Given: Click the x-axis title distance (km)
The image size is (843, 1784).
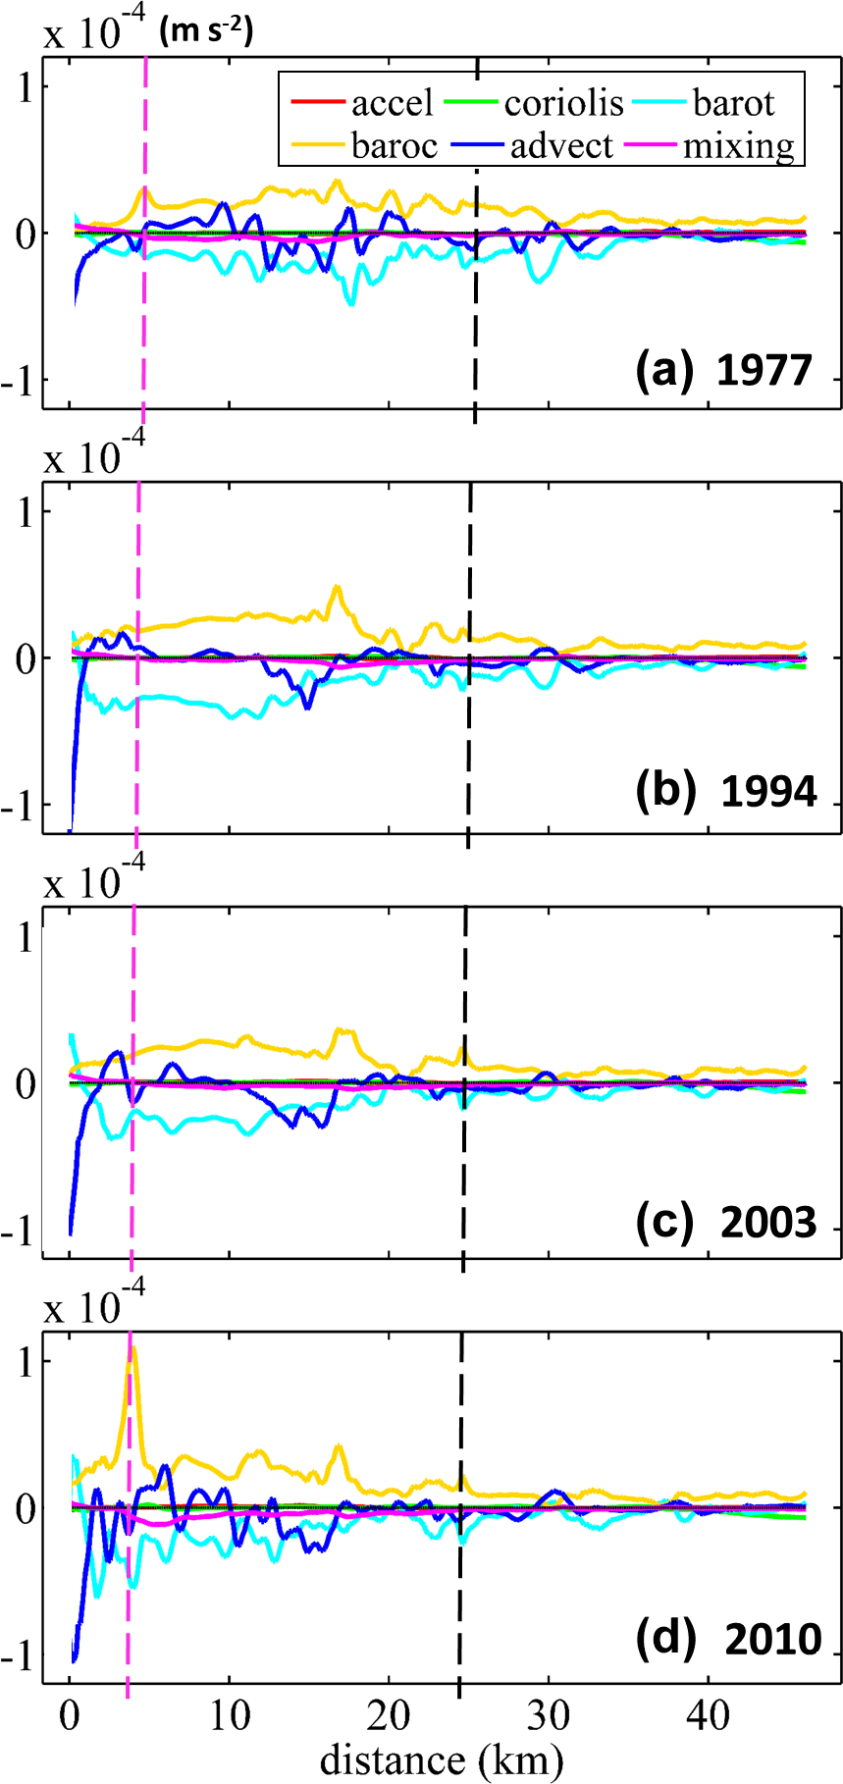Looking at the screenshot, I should pyautogui.click(x=441, y=1758).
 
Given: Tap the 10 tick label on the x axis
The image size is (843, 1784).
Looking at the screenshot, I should pyautogui.click(x=230, y=1715).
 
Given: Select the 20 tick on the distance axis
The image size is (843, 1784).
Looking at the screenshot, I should pyautogui.click(x=389, y=1715).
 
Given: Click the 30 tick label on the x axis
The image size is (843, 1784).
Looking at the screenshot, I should pyautogui.click(x=549, y=1715).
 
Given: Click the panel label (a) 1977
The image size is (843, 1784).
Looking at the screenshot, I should pyautogui.click(x=724, y=370).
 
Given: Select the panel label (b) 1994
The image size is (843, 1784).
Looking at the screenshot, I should pyautogui.click(x=726, y=791).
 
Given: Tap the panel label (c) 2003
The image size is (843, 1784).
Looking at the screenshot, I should pyautogui.click(x=726, y=1222).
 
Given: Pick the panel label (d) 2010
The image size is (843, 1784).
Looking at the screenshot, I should pyautogui.click(x=728, y=1639).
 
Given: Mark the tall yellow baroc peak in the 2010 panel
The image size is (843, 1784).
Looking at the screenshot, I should pyautogui.click(x=132, y=1348).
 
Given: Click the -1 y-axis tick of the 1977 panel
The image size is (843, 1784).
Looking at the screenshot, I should pyautogui.click(x=23, y=380).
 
